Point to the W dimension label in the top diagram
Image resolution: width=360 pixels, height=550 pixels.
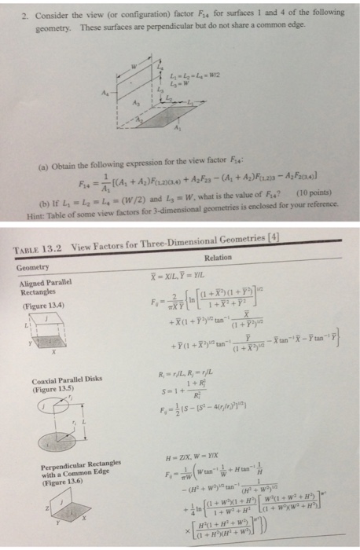pos(134,65)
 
